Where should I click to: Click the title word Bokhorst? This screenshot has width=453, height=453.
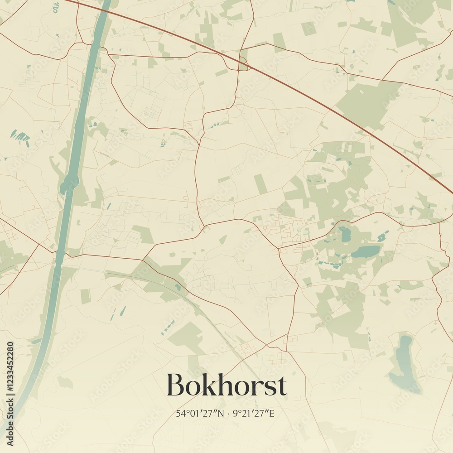[x=226, y=385]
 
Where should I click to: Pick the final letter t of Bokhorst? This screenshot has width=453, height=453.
[x=281, y=386]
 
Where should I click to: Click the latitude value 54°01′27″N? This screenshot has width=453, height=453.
[x=200, y=414]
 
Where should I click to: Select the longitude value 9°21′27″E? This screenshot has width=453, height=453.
[x=255, y=414]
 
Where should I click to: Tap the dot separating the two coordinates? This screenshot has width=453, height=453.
[x=229, y=414]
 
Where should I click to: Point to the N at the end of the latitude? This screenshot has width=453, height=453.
[x=221, y=414]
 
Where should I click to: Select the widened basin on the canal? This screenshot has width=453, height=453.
[x=69, y=185]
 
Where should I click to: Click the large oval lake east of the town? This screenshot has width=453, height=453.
[x=366, y=251]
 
